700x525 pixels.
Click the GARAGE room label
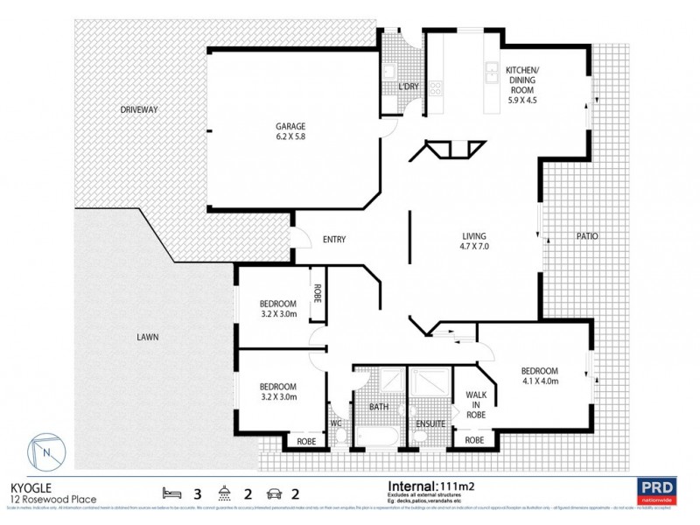click(291, 125)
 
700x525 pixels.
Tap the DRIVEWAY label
click(139, 110)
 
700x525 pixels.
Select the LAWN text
click(147, 337)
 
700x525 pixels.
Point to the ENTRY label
click(334, 240)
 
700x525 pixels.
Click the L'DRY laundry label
click(409, 87)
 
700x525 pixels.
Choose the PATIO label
click(586, 235)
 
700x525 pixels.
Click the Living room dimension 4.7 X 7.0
click(473, 247)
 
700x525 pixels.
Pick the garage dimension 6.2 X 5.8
click(291, 136)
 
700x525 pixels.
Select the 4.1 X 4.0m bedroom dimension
click(539, 381)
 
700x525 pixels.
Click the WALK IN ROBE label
click(476, 404)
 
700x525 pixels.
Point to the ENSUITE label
click(430, 424)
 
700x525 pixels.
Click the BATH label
click(378, 407)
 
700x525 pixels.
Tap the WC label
click(335, 424)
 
